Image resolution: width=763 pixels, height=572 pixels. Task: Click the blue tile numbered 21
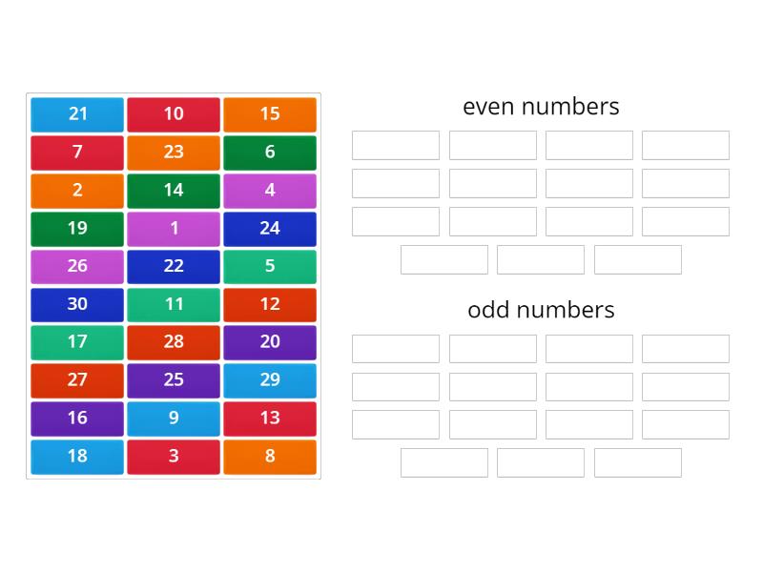pos(77,114)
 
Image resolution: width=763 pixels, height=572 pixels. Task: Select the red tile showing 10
pos(174,114)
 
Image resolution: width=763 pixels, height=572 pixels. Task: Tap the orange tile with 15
pos(270,114)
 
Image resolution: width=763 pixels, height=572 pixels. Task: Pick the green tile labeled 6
pos(270,153)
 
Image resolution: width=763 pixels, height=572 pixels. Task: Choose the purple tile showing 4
pos(270,191)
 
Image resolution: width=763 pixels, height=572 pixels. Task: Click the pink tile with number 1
pos(174,229)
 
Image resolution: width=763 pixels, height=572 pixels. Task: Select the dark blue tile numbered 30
pos(77,305)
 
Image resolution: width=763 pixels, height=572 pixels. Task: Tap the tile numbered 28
pos(174,343)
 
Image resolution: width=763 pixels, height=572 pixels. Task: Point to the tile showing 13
pos(270,419)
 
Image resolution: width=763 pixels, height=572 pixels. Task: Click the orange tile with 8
pos(270,457)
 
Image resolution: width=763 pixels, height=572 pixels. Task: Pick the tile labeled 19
pos(77,229)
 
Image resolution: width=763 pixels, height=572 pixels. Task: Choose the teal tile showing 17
pos(77,343)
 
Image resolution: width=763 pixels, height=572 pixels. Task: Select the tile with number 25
pos(174,380)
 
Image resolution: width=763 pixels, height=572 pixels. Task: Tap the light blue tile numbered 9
pos(174,419)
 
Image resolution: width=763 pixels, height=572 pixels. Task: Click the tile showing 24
pos(270,229)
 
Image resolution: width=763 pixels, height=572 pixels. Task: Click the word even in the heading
pos(488,107)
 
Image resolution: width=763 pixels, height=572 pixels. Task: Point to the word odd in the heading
pos(488,309)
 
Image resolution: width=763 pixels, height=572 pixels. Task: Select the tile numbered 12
pos(270,305)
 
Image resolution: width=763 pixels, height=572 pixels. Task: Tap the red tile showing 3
pos(174,457)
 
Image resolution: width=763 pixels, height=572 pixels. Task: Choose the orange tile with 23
pos(174,153)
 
